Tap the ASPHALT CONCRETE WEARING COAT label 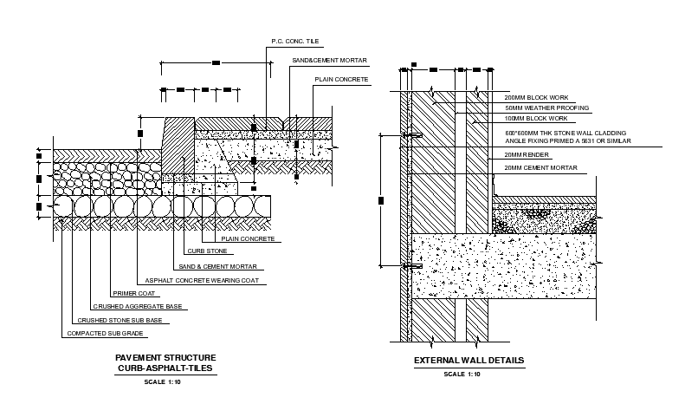click(202, 281)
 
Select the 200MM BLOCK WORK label click(536, 97)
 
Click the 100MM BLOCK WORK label click(536, 118)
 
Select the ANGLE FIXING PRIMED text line click(567, 140)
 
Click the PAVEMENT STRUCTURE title click(165, 357)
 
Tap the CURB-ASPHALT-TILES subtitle click(165, 368)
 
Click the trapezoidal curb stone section click(178, 144)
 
